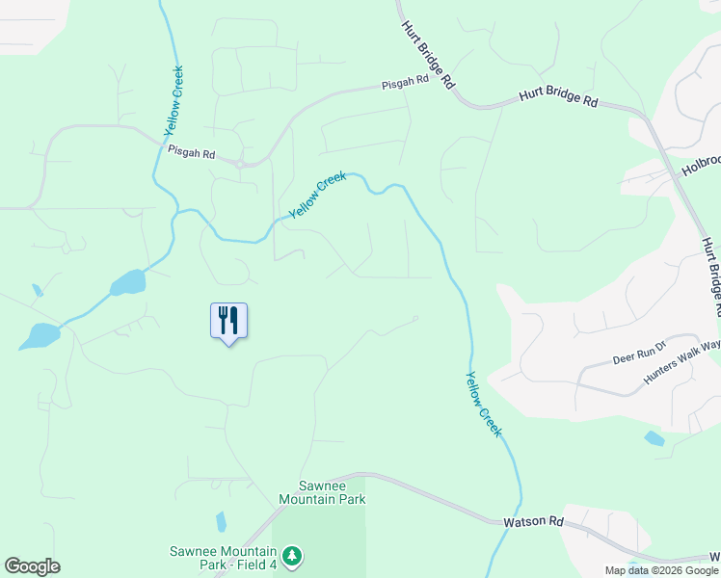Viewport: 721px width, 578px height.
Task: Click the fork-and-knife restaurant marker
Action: [228, 320]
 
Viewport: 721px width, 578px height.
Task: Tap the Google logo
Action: [32, 566]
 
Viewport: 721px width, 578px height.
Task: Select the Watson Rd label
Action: [533, 521]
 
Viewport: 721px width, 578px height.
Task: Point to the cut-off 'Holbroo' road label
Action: [701, 165]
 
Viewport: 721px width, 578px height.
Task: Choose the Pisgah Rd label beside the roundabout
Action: [191, 152]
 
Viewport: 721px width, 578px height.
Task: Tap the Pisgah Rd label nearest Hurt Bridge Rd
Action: [404, 83]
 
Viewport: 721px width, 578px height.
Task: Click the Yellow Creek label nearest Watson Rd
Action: [484, 405]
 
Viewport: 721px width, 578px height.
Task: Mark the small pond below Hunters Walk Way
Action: [654, 438]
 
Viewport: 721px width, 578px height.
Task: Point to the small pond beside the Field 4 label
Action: [221, 522]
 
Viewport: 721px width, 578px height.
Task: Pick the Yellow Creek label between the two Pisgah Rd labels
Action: [317, 194]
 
